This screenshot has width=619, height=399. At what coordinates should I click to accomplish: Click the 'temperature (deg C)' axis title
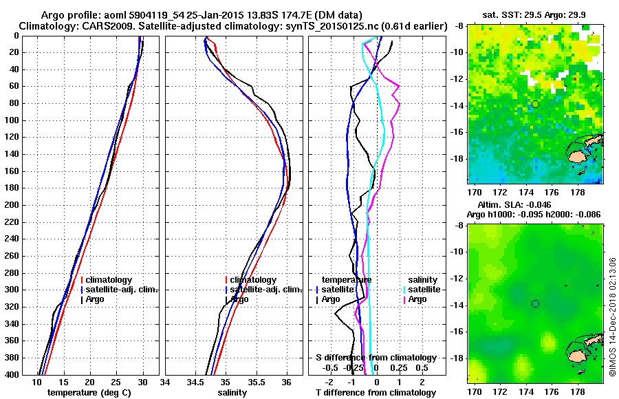89,393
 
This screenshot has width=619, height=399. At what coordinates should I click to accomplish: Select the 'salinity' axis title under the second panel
232,393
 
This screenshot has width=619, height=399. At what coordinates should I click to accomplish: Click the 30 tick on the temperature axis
142,382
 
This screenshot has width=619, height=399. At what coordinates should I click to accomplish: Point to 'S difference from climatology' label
376,358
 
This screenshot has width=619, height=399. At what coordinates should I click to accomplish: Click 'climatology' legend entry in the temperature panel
109,280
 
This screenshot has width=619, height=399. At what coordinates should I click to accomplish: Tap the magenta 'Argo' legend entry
417,299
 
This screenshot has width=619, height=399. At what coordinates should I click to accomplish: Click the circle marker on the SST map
535,104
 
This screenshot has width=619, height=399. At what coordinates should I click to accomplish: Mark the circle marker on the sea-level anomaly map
535,303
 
